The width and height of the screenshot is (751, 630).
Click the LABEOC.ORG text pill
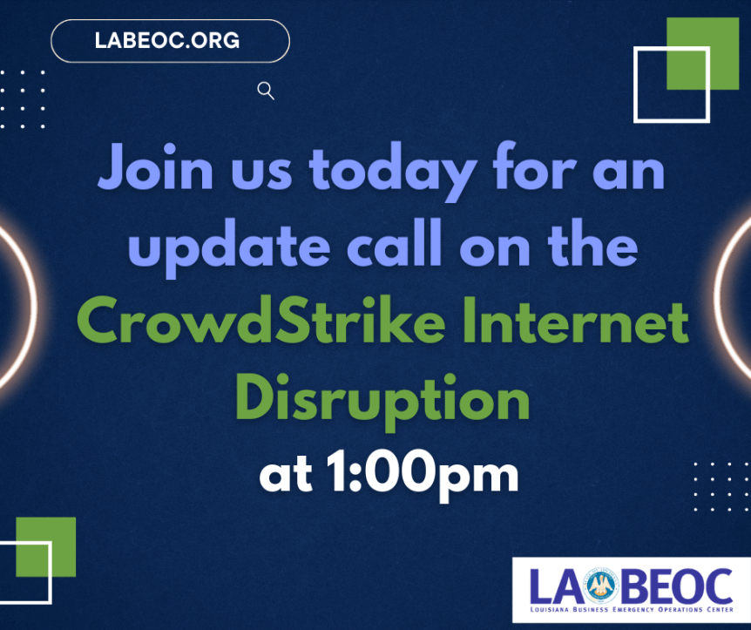point(170,40)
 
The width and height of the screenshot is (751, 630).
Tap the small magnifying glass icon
point(267,91)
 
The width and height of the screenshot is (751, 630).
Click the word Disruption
point(383,400)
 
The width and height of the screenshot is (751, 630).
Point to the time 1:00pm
point(423,474)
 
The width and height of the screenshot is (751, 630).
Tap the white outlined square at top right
point(672,85)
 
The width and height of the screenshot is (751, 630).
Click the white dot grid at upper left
point(23,98)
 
